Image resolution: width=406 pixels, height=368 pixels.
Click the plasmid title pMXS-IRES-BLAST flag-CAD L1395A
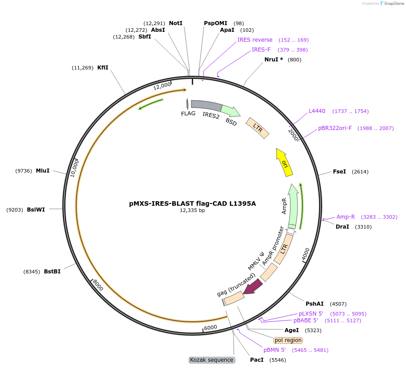(x=192, y=203)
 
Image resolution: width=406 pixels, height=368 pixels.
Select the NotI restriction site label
(x=176, y=23)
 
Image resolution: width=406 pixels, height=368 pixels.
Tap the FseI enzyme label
(x=339, y=172)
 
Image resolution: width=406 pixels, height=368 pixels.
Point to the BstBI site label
(x=52, y=272)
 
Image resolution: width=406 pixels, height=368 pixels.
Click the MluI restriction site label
(x=43, y=171)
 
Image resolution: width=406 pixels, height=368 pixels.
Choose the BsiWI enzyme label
(x=36, y=209)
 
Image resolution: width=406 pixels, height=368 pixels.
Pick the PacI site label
(x=257, y=360)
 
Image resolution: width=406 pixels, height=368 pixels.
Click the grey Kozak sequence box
(x=212, y=360)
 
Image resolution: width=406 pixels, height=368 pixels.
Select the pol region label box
(x=288, y=340)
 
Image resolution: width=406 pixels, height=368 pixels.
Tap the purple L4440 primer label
(x=317, y=111)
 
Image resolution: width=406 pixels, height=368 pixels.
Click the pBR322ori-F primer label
(x=335, y=128)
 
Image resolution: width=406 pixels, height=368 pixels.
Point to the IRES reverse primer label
(x=255, y=40)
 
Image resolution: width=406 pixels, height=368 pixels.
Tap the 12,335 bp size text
(x=192, y=210)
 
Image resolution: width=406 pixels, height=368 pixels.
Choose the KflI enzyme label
(x=103, y=68)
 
